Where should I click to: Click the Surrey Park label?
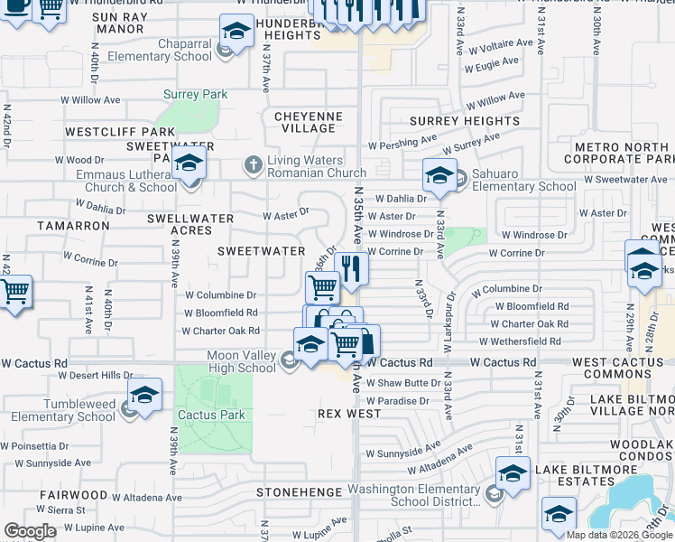coord(195,94)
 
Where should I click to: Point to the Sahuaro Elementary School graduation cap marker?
coord(439,177)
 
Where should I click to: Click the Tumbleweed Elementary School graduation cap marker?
coord(144,397)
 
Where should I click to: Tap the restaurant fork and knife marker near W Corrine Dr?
coord(351,268)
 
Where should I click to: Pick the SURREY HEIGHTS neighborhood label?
coord(465,121)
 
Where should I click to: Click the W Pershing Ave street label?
coord(402,144)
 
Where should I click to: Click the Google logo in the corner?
coord(30,531)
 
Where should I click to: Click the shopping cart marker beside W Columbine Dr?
coord(323,288)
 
